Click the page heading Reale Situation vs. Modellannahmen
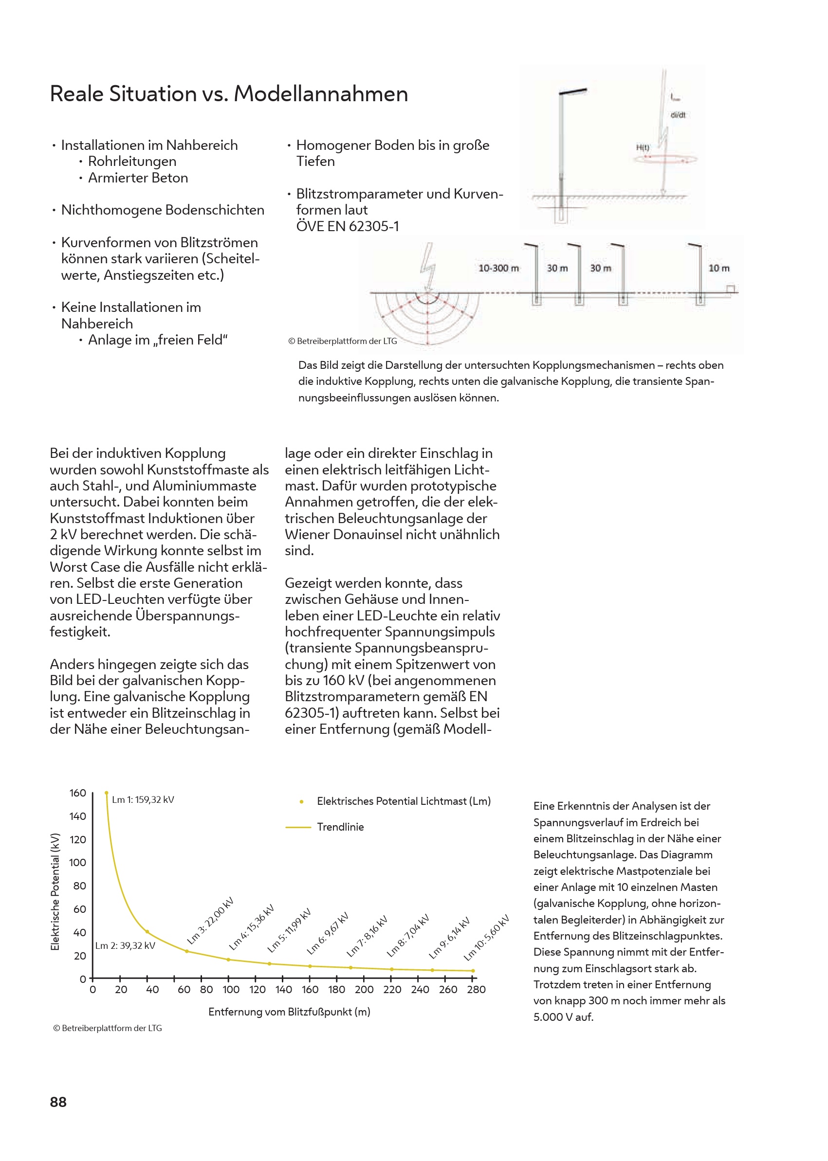[x=228, y=94]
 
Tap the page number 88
[x=58, y=1102]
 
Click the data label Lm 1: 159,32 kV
[x=143, y=799]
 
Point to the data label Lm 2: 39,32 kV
[x=125, y=945]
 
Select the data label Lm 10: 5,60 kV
[x=486, y=938]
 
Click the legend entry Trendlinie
[x=340, y=827]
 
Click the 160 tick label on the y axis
[x=77, y=793]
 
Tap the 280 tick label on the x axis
[x=476, y=989]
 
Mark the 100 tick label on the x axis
[x=230, y=989]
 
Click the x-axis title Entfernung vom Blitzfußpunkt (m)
[x=289, y=1012]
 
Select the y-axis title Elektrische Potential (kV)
[x=55, y=891]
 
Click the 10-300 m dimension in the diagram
[x=498, y=268]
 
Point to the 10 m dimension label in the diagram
[x=718, y=268]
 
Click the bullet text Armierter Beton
[x=138, y=178]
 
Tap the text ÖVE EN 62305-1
[x=347, y=226]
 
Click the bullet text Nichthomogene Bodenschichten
[x=162, y=210]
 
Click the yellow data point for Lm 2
[x=147, y=932]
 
